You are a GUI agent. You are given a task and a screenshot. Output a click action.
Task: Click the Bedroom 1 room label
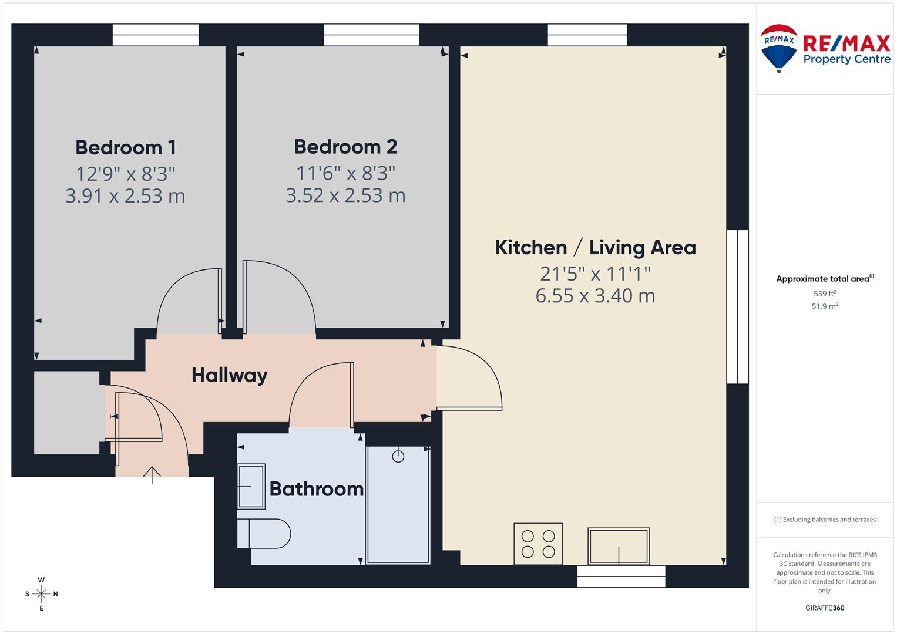125,147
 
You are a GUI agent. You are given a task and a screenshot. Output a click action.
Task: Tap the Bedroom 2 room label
345,147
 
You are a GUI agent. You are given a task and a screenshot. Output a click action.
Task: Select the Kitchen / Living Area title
595,247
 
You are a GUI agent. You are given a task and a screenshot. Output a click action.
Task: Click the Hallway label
229,375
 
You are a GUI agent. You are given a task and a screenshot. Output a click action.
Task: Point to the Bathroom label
316,489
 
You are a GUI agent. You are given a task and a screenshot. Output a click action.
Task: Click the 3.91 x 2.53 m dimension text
125,195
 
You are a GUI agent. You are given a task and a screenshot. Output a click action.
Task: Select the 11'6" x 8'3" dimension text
345,173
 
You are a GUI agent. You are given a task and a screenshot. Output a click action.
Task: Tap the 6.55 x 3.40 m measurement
595,295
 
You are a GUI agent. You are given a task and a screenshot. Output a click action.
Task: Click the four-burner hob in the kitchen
538,544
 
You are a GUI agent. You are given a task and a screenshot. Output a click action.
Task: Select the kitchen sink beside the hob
619,546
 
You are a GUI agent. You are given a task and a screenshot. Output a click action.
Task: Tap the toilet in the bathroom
264,534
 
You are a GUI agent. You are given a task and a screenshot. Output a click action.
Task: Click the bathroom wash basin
251,486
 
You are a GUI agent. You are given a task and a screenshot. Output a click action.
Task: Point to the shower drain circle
398,456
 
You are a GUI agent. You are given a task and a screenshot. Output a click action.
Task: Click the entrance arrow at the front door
152,474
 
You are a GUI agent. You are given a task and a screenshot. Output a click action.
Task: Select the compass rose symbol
41,594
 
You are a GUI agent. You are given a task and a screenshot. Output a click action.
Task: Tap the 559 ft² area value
824,294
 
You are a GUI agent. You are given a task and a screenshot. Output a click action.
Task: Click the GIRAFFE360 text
824,608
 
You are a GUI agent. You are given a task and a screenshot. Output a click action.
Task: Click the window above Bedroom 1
156,35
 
